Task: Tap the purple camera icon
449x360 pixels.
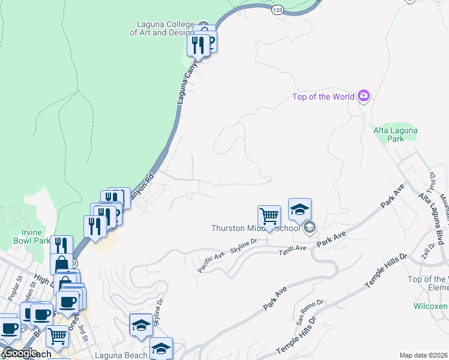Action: [x=363, y=96]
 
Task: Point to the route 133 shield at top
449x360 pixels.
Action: [x=277, y=10]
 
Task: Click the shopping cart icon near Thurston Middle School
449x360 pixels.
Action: [x=270, y=215]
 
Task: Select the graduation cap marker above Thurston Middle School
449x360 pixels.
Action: [x=300, y=209]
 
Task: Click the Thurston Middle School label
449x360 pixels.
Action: [x=255, y=228]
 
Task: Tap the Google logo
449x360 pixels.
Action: [x=19, y=353]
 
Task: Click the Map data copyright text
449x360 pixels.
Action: [x=423, y=355]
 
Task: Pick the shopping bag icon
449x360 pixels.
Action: [x=62, y=264]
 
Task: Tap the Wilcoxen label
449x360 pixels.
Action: [x=431, y=306]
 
